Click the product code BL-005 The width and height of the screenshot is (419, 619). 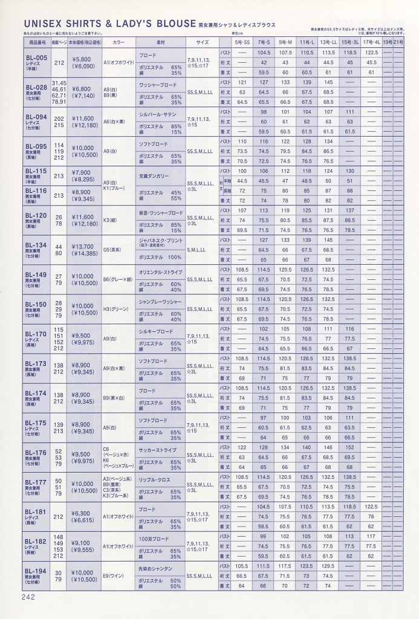37,53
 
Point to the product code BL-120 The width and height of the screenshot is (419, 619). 37,215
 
